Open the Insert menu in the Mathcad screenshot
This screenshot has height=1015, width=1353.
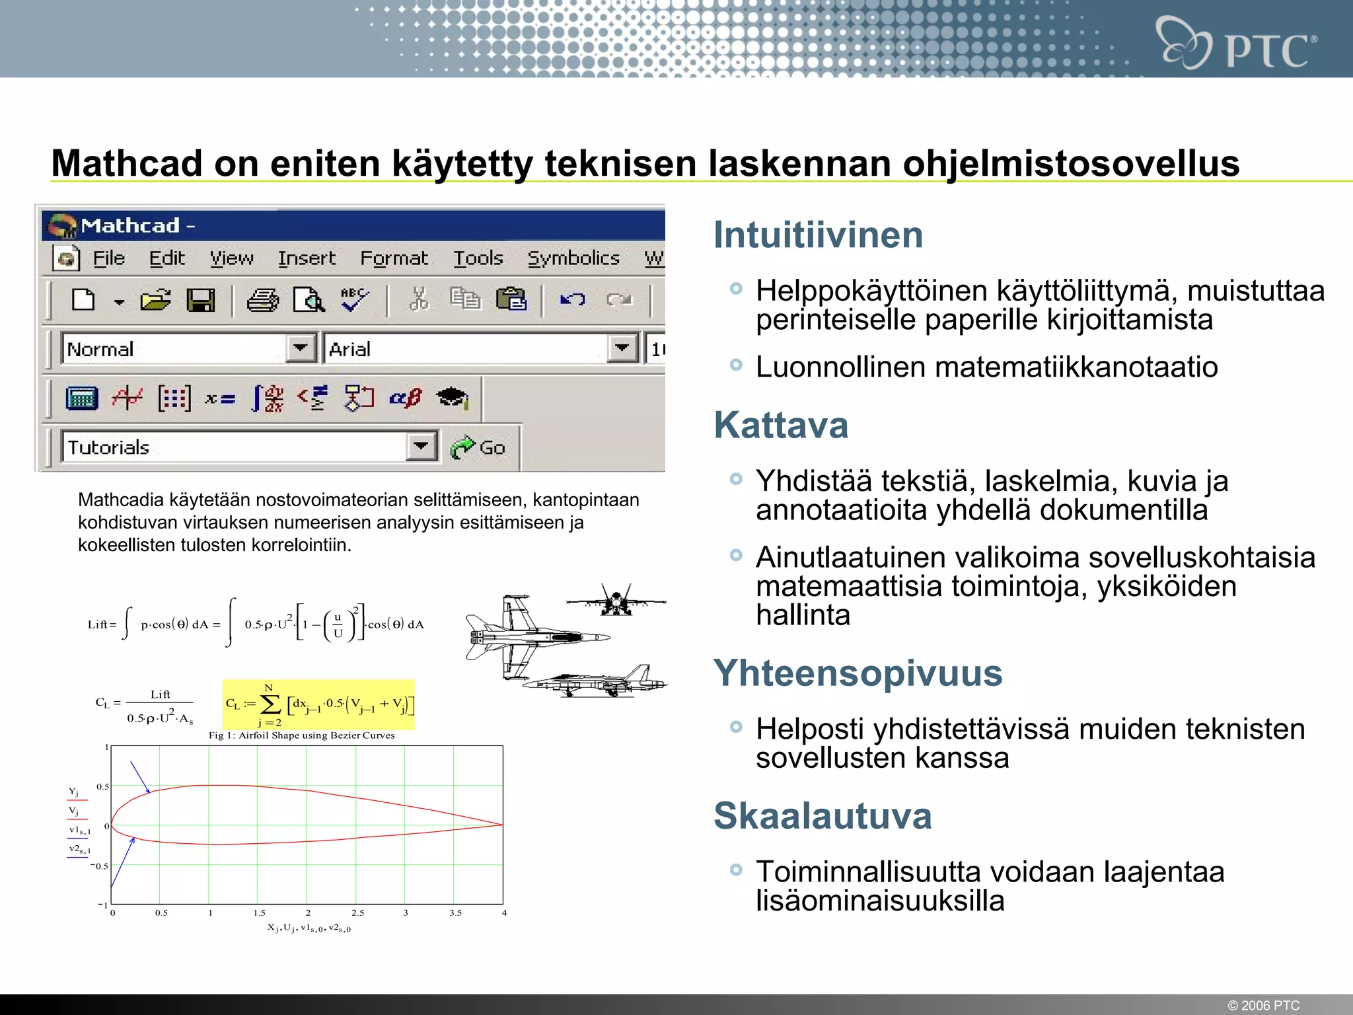307,258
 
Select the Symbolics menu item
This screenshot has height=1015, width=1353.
573,258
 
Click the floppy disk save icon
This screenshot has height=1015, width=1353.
201,301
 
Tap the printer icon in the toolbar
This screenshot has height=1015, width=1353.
262,301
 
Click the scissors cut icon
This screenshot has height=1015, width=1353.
419,299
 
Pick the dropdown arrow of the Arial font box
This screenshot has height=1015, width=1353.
622,348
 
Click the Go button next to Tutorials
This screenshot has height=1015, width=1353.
479,447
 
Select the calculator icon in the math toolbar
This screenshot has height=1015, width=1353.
82,398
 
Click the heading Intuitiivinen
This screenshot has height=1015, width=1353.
818,235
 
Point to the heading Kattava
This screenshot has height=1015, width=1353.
781,425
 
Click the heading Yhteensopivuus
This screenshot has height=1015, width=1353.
858,673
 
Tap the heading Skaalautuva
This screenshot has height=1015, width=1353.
823,816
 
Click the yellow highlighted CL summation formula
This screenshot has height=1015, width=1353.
319,704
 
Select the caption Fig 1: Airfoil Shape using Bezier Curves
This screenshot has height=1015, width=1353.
302,735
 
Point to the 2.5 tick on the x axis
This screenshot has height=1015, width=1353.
357,913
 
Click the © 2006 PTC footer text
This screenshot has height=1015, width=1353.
1263,1005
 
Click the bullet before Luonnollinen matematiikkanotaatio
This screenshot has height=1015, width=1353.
736,365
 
